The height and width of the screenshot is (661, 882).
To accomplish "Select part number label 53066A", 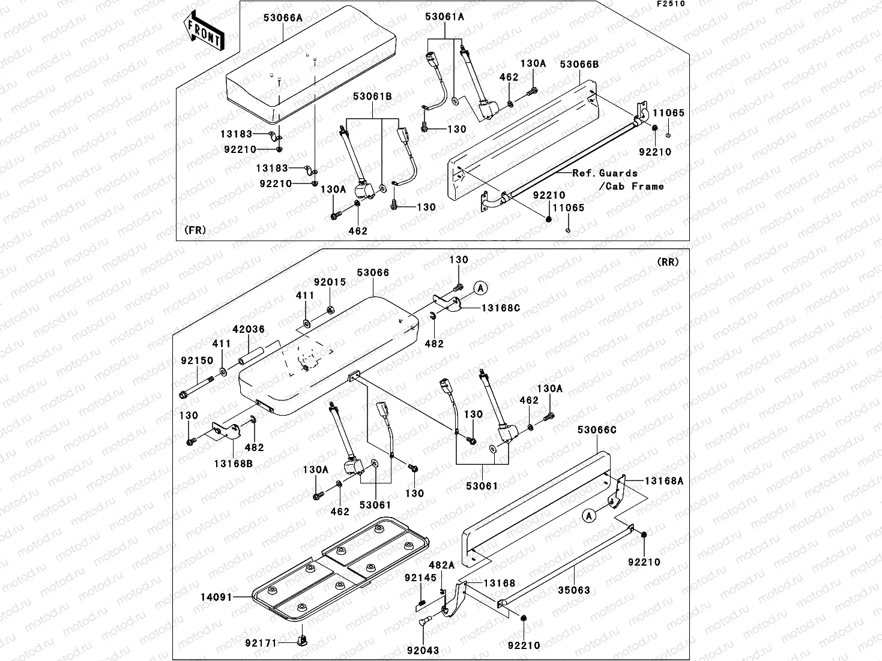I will [283, 19].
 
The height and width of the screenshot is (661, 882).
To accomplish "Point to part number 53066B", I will [579, 64].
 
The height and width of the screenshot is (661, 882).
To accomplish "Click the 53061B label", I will [372, 96].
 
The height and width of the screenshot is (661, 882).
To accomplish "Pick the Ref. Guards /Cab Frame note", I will [618, 179].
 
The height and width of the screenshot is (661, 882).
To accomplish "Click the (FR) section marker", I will [196, 230].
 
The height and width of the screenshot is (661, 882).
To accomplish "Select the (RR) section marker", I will [668, 262].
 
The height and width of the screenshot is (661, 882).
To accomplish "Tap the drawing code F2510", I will [671, 4].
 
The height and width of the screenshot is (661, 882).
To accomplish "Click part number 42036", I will [249, 329].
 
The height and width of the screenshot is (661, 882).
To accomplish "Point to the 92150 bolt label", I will [197, 360].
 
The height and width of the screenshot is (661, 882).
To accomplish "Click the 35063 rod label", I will [574, 590].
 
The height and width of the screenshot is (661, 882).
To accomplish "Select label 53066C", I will [597, 429].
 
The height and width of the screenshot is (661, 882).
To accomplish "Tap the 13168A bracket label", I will [664, 480].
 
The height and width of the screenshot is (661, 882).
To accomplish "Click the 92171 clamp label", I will [261, 643].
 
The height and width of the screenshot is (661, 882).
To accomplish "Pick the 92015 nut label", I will [330, 282].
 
